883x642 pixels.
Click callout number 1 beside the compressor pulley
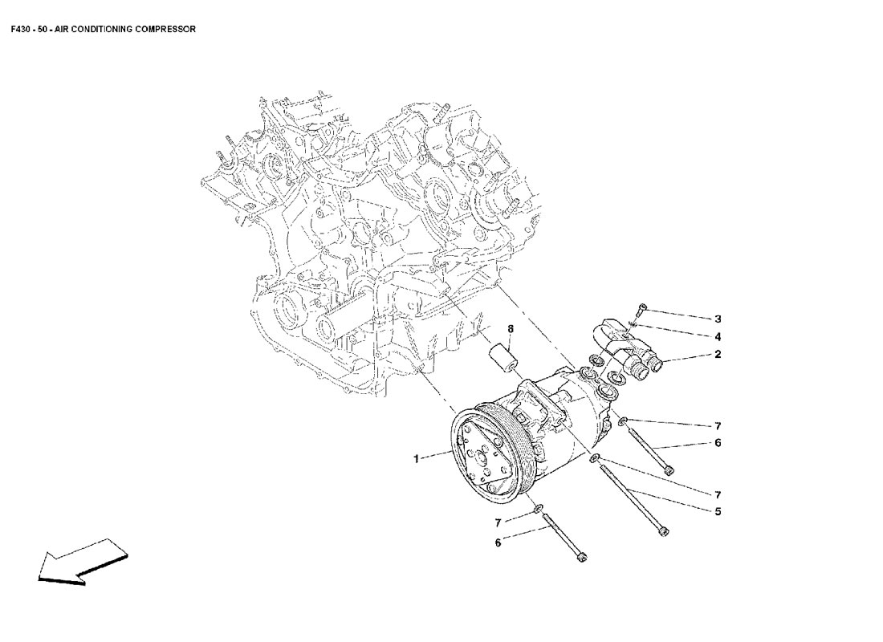click(x=417, y=459)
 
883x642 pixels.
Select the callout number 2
click(x=718, y=354)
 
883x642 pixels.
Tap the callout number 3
click(x=718, y=319)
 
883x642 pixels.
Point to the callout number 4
click(x=718, y=336)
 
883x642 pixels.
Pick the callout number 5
click(x=718, y=511)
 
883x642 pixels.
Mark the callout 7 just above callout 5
click(x=718, y=494)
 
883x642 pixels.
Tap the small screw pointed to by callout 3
click(x=640, y=309)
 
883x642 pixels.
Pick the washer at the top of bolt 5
click(x=594, y=459)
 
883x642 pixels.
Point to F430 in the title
click(x=22, y=29)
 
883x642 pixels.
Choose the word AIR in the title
click(x=62, y=29)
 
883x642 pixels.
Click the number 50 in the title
click(x=42, y=29)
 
